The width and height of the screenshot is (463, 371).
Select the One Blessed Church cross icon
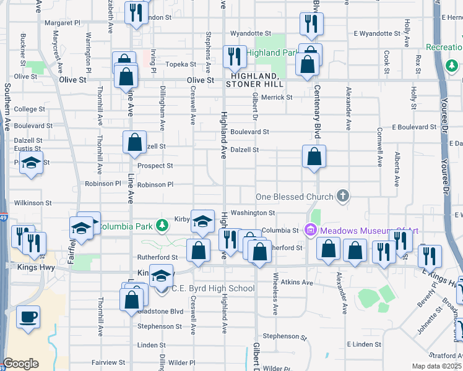tap(343, 197)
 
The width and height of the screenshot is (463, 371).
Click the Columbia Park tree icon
tap(162, 226)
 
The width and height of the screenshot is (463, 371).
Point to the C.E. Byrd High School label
tap(212, 288)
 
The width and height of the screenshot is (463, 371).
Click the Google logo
tap(20, 364)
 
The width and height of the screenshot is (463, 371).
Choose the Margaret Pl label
tap(63, 23)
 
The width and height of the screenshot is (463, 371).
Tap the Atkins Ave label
tap(298, 283)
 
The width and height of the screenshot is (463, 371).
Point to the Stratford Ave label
tap(444, 356)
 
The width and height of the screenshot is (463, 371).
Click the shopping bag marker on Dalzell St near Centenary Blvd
tap(314, 157)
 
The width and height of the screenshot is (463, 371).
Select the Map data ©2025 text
tap(436, 366)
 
